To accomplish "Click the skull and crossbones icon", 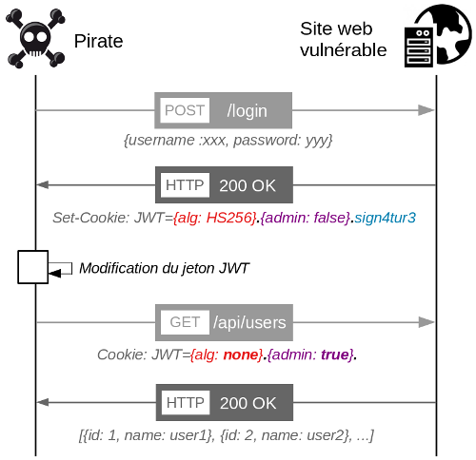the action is [x=35, y=39].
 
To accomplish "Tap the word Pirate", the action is [x=98, y=41].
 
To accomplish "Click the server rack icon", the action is [x=419, y=47].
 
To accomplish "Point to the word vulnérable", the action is [x=344, y=50].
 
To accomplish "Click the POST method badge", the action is [x=185, y=110].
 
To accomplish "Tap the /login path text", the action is [x=247, y=111].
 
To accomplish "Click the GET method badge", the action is [x=185, y=322].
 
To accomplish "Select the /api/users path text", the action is [x=249, y=322].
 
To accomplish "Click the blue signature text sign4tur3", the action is [x=385, y=218].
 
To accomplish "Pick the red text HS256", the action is [x=228, y=218].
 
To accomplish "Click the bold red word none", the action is [x=242, y=355].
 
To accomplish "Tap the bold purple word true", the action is [x=335, y=355].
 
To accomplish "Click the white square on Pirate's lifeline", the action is [x=33, y=267].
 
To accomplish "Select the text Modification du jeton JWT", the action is [x=164, y=268].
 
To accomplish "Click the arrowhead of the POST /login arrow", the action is [x=426, y=110].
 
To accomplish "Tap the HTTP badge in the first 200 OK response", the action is [x=185, y=185].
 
